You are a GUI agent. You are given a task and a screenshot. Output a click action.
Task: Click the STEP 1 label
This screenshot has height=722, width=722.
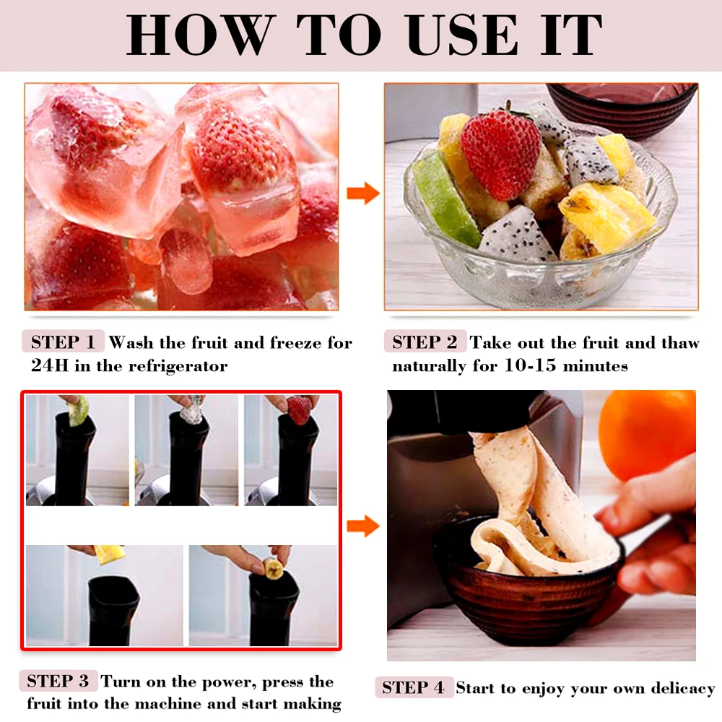pyautogui.click(x=64, y=342)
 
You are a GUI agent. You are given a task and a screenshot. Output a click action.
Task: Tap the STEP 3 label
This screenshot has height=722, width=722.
pyautogui.click(x=58, y=681)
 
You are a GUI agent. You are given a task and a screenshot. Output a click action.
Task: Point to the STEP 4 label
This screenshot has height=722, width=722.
pyautogui.click(x=414, y=688)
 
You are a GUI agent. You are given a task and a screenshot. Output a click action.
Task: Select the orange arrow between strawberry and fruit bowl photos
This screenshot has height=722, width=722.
pyautogui.click(x=362, y=193)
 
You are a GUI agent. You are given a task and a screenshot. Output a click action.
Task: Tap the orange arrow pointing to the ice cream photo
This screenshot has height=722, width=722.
pyautogui.click(x=362, y=525)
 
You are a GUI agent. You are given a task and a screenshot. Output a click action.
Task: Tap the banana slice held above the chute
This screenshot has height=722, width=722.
pyautogui.click(x=272, y=567)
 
